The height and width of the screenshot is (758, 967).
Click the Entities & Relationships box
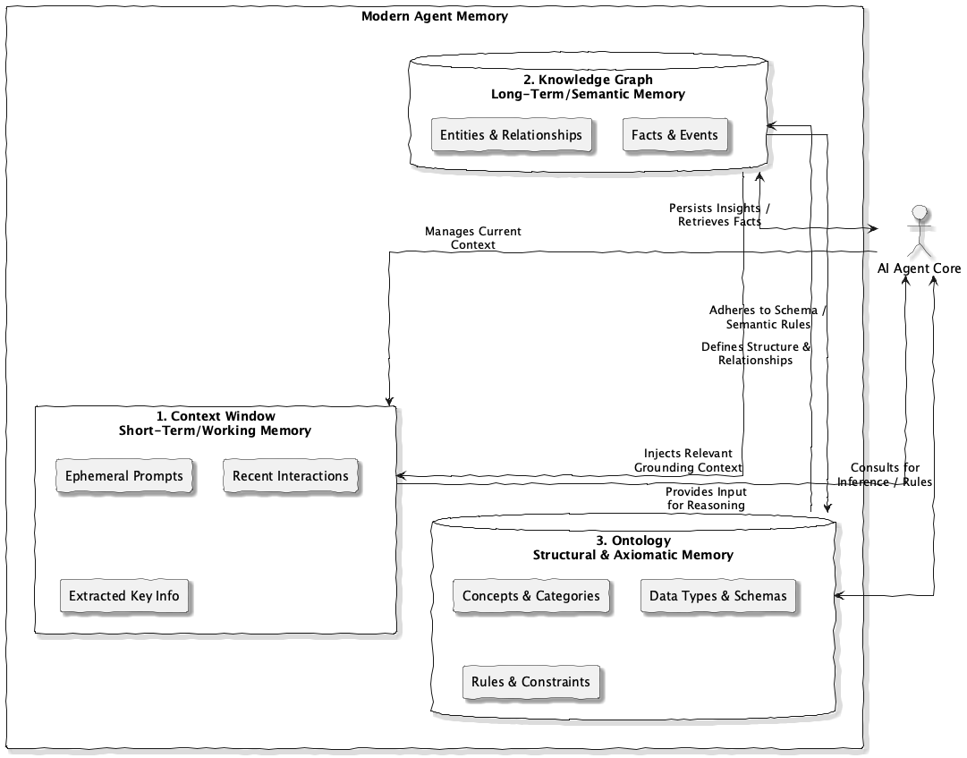click(x=511, y=135)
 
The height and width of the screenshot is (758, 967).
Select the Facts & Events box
click(x=674, y=135)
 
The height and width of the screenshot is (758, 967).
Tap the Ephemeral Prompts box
click(x=124, y=476)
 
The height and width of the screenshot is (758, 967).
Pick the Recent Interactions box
click(x=291, y=476)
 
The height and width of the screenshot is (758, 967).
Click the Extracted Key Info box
click(x=124, y=596)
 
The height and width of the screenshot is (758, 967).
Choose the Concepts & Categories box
click(x=530, y=596)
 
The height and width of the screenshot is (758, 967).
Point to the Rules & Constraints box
click(x=530, y=682)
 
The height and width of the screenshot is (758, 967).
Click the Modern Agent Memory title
click(x=435, y=16)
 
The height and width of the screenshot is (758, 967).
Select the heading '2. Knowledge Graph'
click(x=588, y=80)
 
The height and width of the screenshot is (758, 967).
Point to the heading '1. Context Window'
click(x=216, y=416)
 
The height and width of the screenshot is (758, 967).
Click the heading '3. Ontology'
click(x=632, y=541)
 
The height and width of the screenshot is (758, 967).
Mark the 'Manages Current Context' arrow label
click(x=472, y=237)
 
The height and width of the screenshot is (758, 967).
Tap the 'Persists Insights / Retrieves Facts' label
click(x=719, y=215)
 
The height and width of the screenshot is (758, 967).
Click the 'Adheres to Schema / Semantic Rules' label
click(x=768, y=318)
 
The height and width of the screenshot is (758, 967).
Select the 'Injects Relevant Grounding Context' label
click(x=688, y=460)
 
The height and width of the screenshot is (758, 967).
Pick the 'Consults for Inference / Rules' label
click(x=884, y=475)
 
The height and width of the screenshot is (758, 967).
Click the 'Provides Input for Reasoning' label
click(x=706, y=498)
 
